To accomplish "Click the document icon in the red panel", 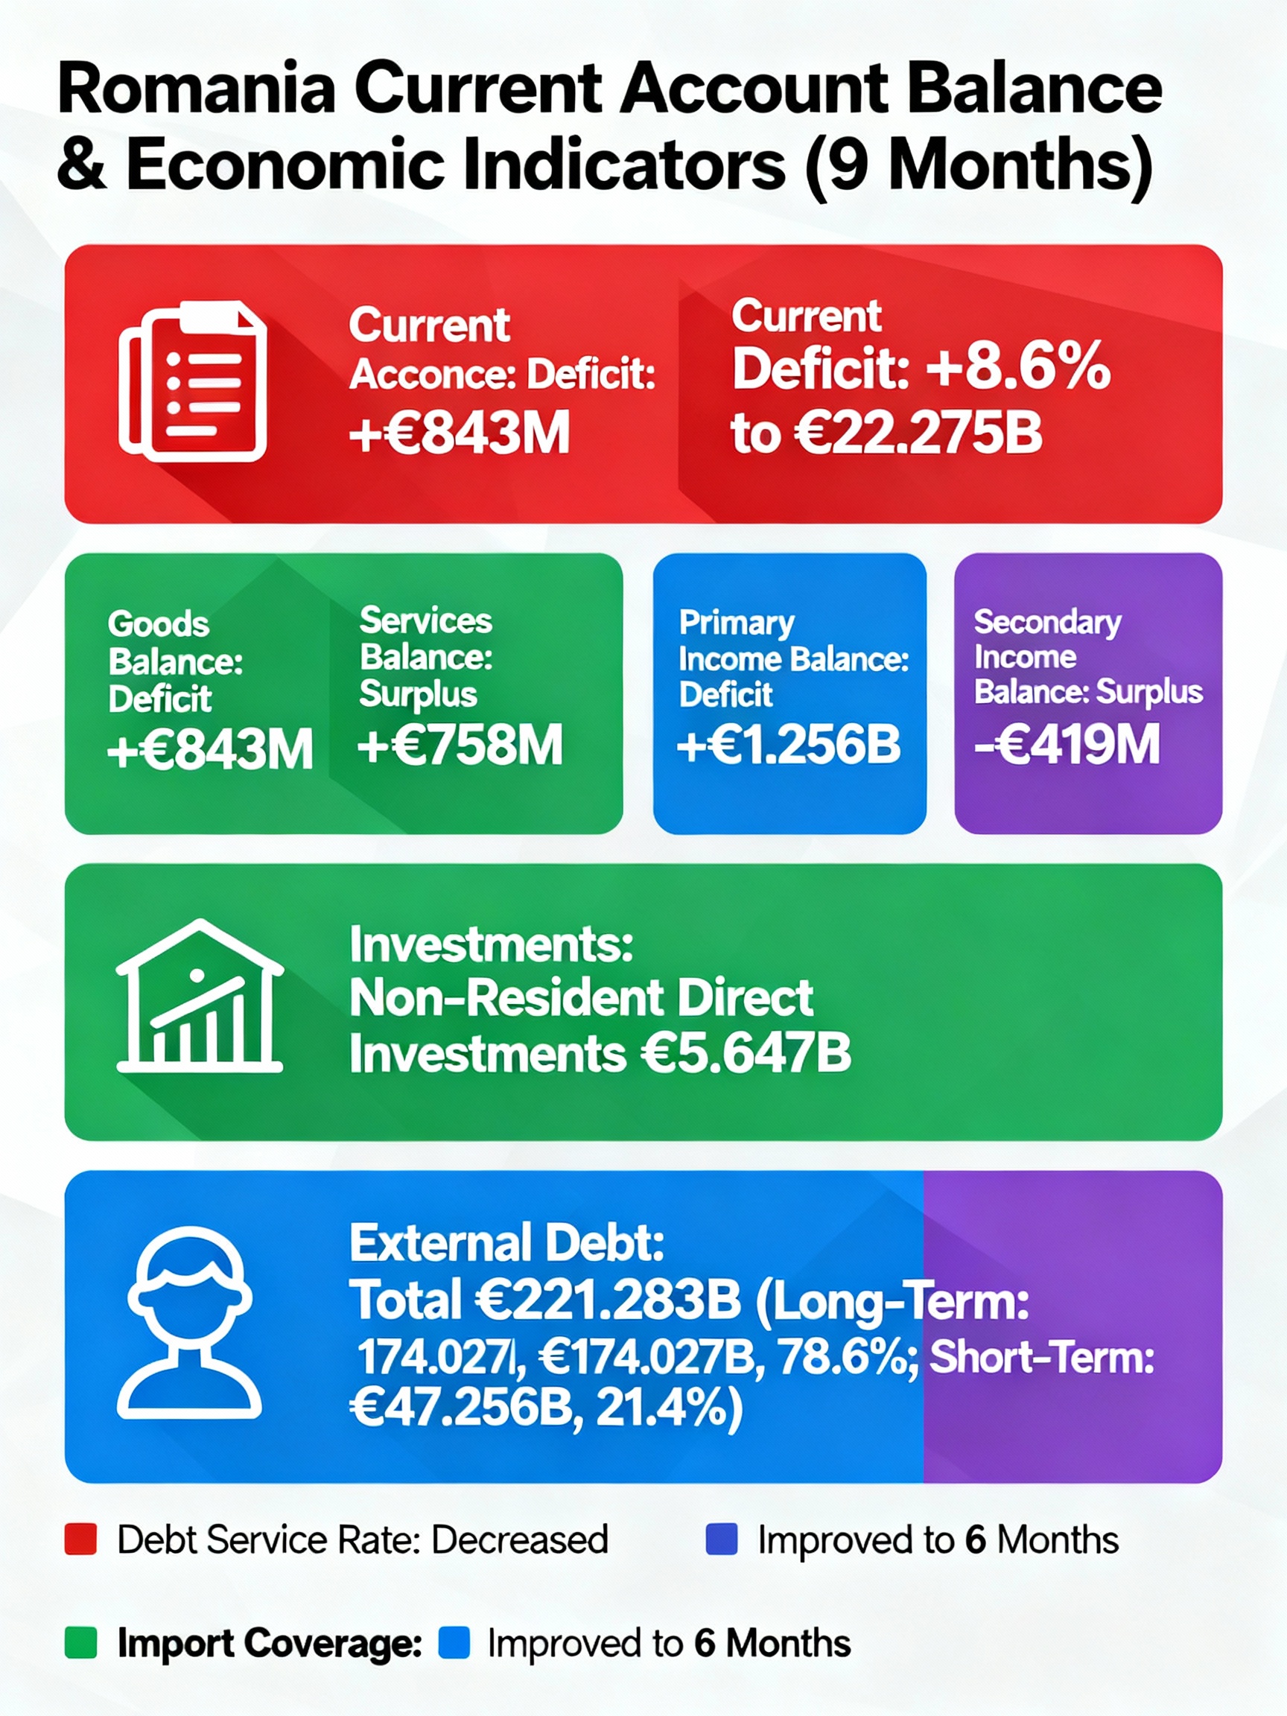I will pos(192,381).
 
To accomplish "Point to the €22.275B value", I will pos(918,432).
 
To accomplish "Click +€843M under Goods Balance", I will pos(209,750).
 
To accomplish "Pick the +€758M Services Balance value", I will pos(460,746).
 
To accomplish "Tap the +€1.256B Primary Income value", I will pos(789,746).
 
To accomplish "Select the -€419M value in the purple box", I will pos(1067,745).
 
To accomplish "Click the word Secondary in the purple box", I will pos(1047,622).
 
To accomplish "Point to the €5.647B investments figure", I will pos(746,1055).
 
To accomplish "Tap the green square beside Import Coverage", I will pos(80,1643).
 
